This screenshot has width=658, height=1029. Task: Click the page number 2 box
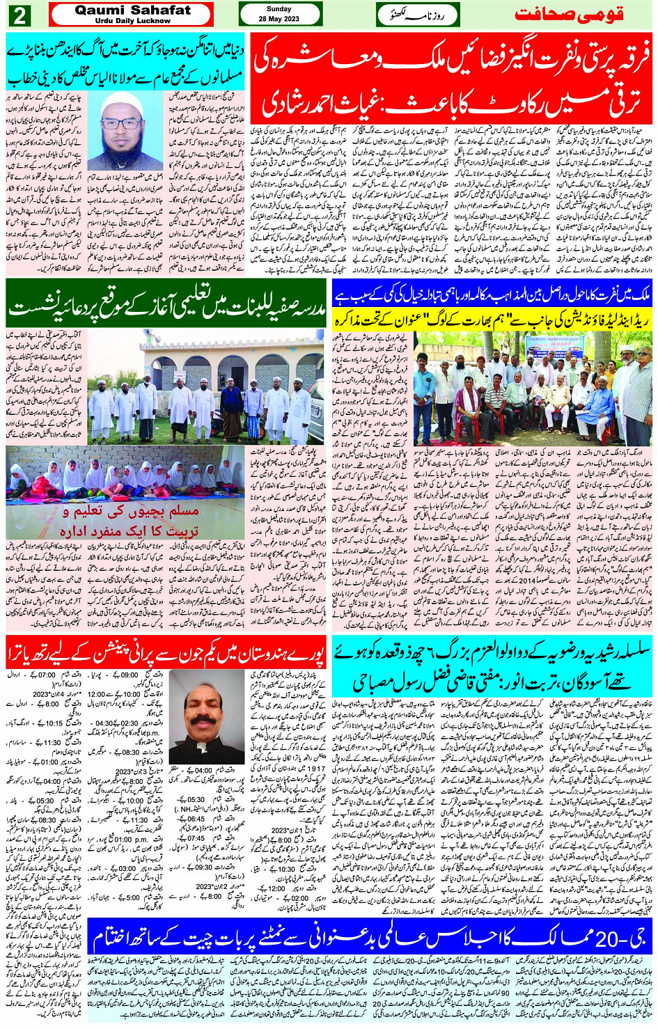pyautogui.click(x=19, y=15)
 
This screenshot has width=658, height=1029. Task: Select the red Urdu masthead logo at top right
pyautogui.click(x=579, y=15)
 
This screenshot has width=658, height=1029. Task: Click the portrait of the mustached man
pyautogui.click(x=206, y=716)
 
